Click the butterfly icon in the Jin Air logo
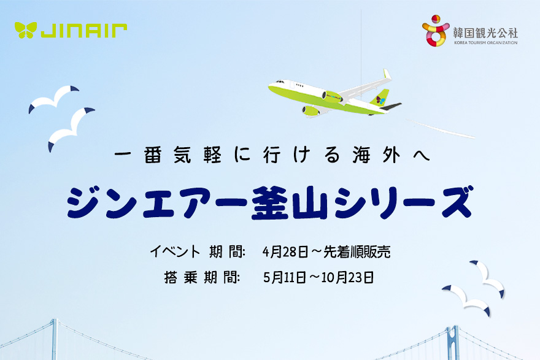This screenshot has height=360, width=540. click(x=26, y=29)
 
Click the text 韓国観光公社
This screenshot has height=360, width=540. click(x=485, y=31)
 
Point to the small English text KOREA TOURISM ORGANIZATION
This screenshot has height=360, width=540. click(x=485, y=43)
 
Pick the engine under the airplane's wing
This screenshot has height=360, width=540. click(x=311, y=111)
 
